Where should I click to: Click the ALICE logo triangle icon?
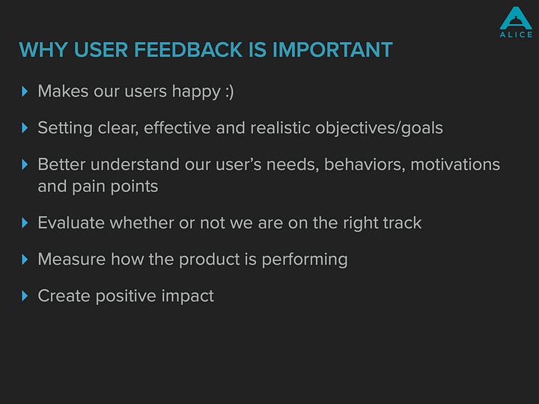[516, 18]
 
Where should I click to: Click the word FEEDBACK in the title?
[189, 49]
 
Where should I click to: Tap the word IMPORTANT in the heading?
[332, 49]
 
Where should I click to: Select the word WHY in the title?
[43, 49]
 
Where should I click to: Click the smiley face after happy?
[230, 92]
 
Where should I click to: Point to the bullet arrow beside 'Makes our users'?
[25, 91]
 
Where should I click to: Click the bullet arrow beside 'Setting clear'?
[25, 128]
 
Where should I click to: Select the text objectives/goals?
[379, 128]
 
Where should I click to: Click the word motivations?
[455, 164]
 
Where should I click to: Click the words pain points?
[115, 187]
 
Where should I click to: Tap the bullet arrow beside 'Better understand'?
[25, 164]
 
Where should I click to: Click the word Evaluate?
[71, 223]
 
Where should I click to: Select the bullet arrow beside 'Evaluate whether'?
[25, 223]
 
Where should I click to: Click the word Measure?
[72, 259]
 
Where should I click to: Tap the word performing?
[305, 260]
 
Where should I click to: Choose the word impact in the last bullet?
[188, 296]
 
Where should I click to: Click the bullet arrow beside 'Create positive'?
[25, 296]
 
